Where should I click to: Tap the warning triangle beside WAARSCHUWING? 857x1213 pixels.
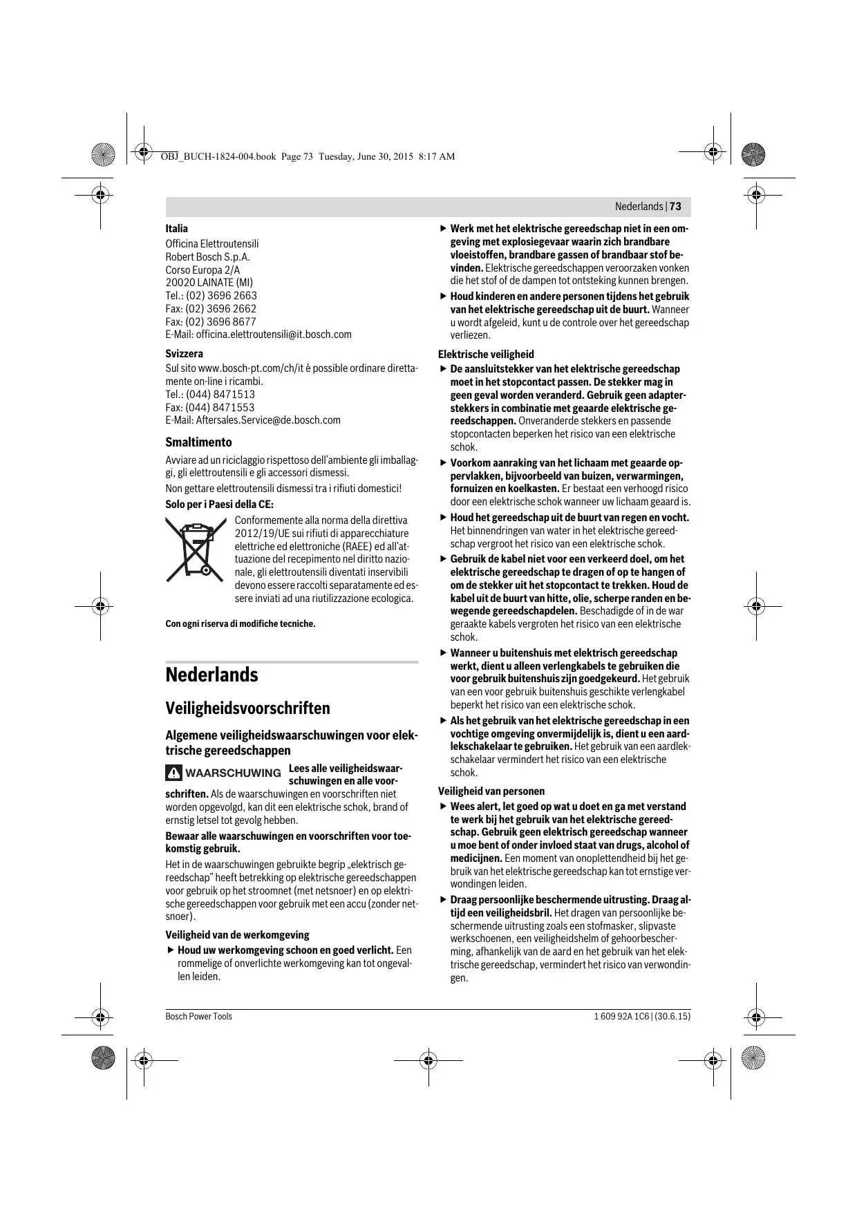click(174, 773)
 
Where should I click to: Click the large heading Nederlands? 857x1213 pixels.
click(211, 675)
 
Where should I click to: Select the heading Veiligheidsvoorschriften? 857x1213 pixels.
click(247, 708)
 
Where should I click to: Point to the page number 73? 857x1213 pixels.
click(675, 207)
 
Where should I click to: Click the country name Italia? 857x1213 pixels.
click(176, 229)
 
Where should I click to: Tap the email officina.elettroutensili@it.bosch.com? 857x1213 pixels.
click(274, 335)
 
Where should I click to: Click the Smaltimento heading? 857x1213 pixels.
click(198, 442)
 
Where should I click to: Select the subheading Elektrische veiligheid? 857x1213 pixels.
click(486, 355)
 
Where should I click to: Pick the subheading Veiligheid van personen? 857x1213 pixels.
click(491, 791)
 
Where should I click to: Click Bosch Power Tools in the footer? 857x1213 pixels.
click(198, 1017)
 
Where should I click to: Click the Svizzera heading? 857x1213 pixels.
click(184, 354)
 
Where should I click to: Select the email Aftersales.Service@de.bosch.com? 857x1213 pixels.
click(268, 420)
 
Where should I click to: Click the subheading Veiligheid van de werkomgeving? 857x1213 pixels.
click(237, 935)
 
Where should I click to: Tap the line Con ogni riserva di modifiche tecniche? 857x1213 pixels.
click(240, 624)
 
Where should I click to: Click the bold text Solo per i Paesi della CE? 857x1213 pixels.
click(219, 505)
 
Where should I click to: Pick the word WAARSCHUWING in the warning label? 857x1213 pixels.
click(233, 773)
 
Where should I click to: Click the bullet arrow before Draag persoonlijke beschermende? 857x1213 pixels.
click(444, 900)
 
